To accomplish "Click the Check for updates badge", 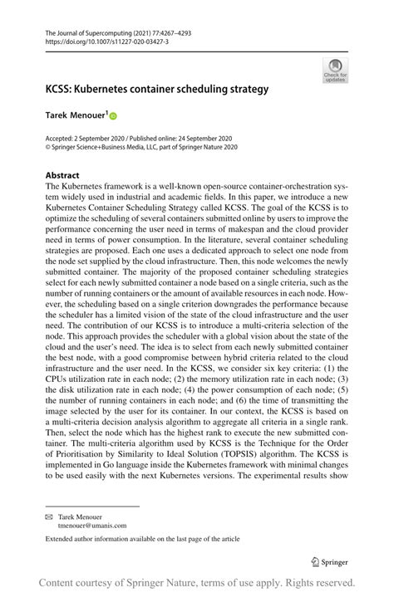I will coord(337,70).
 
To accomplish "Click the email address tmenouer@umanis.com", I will coord(91,525).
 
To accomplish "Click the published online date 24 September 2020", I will coord(202,139).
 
